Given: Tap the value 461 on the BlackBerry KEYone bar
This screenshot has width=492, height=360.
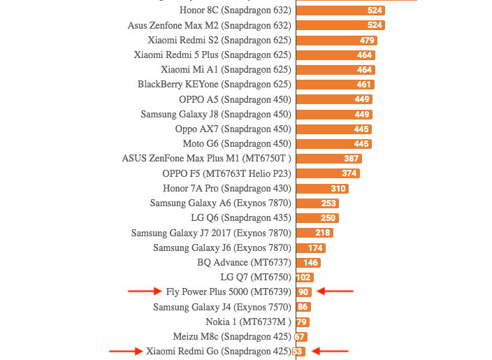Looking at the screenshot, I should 363,85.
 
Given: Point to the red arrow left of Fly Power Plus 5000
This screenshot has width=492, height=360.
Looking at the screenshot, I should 145,292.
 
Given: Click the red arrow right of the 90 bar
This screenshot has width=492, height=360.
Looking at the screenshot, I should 335,292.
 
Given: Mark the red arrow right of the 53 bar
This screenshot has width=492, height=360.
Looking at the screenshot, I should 329,351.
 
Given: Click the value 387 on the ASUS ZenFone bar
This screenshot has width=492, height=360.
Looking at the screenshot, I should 351,159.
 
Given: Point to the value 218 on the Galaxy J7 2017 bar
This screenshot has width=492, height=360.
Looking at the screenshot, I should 323,233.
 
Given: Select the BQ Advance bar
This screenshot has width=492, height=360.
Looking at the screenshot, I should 308,263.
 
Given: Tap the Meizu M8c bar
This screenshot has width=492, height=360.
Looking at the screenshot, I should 301,336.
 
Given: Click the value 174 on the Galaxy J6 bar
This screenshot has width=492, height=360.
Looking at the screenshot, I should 315,247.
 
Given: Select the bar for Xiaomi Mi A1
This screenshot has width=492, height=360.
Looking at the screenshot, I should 335,70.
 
